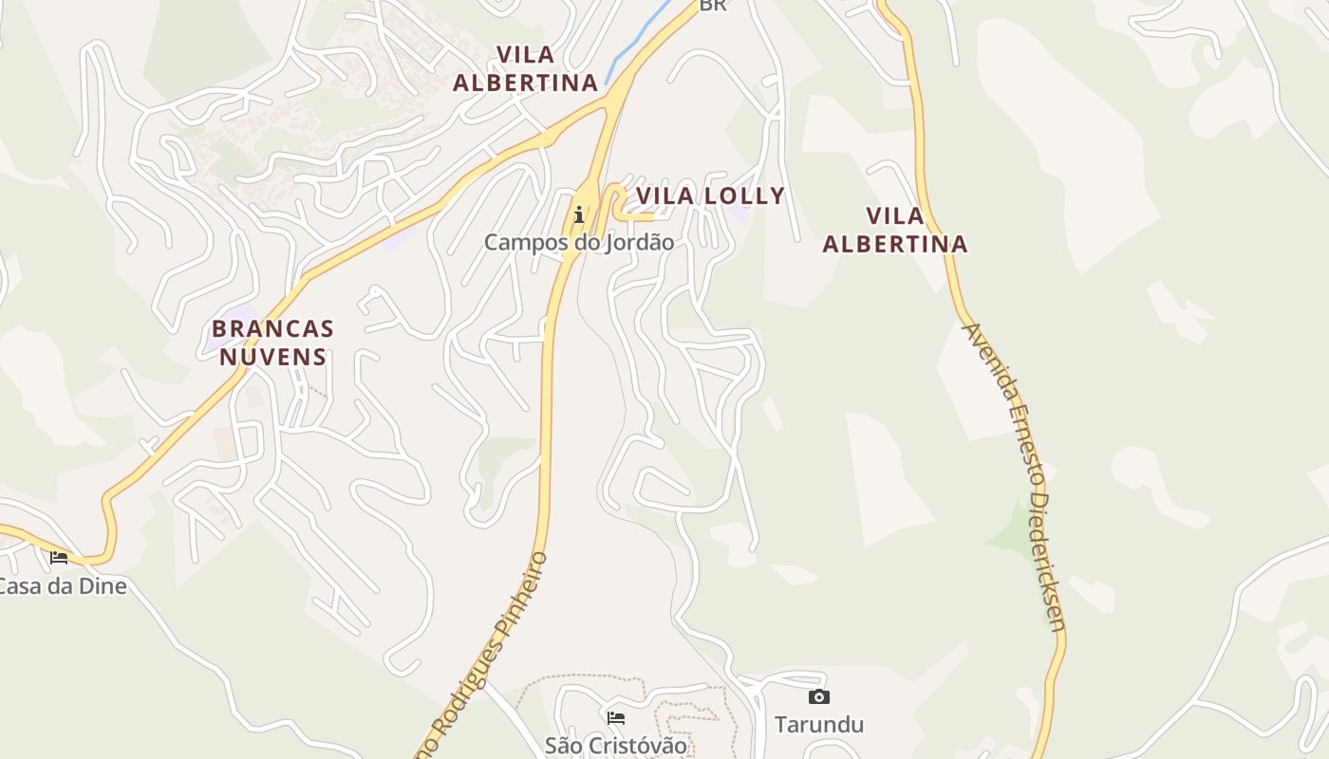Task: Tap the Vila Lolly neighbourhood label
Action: (x=710, y=196)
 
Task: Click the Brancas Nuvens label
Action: (x=272, y=342)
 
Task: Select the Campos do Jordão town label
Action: (x=579, y=243)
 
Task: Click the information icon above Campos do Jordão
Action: (x=578, y=214)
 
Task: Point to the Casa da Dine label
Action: (x=63, y=586)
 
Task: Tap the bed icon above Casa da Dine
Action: (x=59, y=558)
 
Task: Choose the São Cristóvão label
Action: (x=615, y=746)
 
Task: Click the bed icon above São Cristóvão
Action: (x=615, y=717)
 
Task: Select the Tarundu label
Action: (x=819, y=725)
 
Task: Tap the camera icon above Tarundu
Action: (x=818, y=697)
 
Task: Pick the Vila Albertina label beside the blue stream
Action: (x=525, y=68)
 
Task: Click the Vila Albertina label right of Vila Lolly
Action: (x=894, y=230)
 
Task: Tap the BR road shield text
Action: (x=712, y=6)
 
